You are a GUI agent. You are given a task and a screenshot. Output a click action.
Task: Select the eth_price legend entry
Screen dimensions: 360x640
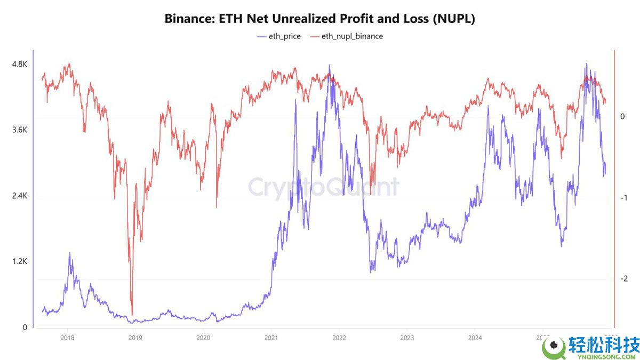[279, 36]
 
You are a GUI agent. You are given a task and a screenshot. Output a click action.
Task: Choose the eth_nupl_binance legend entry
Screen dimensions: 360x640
[347, 36]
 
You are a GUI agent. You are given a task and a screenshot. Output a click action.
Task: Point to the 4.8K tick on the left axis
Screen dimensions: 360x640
[19, 65]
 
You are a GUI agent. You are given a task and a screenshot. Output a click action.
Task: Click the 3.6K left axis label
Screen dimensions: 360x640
[19, 130]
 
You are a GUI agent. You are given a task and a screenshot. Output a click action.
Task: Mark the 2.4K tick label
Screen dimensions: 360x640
[19, 196]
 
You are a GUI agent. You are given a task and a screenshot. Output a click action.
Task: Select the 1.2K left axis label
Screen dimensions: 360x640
[19, 262]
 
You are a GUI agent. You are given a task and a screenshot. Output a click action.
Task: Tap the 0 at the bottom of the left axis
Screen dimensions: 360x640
[25, 327]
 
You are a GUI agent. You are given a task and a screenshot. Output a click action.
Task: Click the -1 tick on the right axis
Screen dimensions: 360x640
[623, 198]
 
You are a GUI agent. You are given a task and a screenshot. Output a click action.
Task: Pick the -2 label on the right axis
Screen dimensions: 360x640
[623, 279]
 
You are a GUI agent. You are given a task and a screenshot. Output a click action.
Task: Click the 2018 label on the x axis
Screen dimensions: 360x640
[67, 338]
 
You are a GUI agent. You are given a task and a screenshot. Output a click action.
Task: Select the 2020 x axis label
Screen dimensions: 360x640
[203, 338]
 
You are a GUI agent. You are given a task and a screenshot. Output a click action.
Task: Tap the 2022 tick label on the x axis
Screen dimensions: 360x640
[339, 338]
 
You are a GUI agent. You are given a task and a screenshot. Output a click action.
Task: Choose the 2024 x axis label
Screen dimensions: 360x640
[475, 338]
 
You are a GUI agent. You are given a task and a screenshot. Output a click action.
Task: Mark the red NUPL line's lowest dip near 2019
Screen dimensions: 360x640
[132, 315]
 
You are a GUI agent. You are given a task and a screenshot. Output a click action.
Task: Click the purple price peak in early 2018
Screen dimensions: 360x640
[69, 254]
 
